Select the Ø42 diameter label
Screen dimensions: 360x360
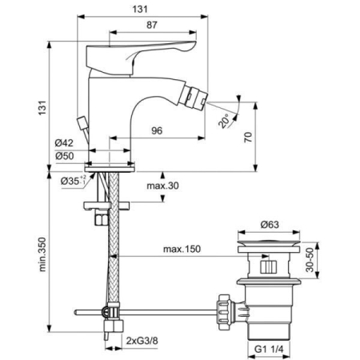click(66, 143)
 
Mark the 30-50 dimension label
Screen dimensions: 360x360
click(330, 258)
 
